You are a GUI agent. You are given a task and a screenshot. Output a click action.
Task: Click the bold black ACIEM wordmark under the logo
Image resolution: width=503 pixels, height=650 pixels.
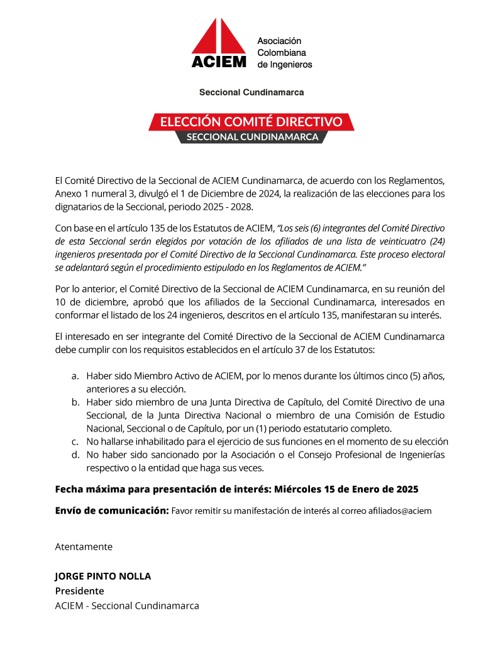pos(219,62)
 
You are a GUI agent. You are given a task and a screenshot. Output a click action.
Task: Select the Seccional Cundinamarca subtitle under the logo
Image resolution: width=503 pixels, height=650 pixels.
pos(251,92)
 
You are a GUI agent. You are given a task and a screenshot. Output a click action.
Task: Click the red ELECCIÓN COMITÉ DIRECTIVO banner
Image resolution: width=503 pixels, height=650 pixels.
pos(251,121)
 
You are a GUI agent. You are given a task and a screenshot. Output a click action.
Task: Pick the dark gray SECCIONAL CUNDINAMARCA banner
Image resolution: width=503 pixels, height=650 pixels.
pos(252,137)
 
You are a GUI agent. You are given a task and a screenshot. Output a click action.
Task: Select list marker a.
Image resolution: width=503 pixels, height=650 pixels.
pos(75,376)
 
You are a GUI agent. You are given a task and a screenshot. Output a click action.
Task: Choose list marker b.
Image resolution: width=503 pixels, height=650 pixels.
pos(75,403)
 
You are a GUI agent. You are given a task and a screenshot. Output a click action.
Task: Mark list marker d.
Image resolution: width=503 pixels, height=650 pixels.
pos(75,454)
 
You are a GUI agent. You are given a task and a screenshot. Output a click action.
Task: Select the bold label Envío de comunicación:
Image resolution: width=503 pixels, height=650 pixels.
pos(112,510)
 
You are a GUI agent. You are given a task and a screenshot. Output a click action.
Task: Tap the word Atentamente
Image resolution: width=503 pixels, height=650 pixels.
pos(84,546)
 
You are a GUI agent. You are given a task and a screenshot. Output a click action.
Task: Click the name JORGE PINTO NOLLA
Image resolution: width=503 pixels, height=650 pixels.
pos(103,577)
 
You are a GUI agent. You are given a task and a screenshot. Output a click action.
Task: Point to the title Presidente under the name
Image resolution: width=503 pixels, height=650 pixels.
pos(79,591)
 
